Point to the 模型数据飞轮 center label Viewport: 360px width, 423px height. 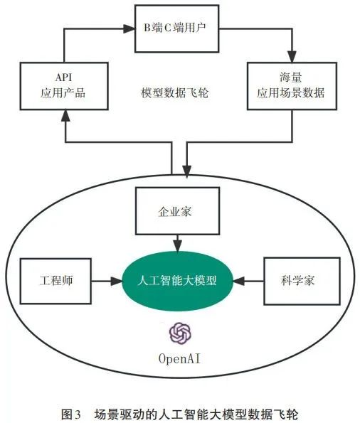click(x=175, y=92)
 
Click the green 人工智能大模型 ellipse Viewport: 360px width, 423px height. click(x=177, y=281)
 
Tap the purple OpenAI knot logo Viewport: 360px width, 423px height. click(x=180, y=333)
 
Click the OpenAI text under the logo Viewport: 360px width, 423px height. click(x=179, y=359)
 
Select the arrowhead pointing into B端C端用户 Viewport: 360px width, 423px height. click(x=129, y=28)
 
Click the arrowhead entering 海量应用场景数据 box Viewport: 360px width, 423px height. click(x=292, y=57)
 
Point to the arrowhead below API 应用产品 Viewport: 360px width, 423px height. click(x=65, y=116)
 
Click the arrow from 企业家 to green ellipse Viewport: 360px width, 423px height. click(x=177, y=243)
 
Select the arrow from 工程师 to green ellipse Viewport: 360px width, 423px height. click(x=107, y=282)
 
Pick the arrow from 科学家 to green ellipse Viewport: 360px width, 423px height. click(x=248, y=282)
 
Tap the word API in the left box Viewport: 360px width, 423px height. click(x=64, y=77)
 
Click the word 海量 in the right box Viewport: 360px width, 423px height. click(x=291, y=77)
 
